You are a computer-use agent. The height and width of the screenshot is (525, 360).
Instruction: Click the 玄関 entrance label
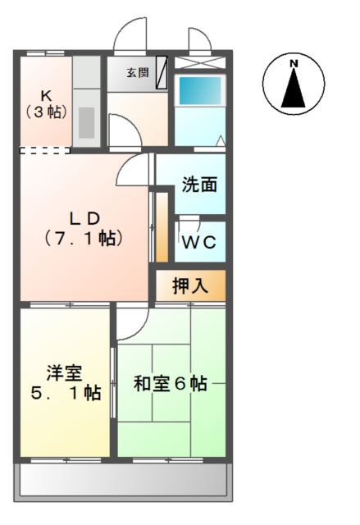(136, 72)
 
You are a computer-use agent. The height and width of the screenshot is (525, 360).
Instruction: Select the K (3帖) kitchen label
(46, 103)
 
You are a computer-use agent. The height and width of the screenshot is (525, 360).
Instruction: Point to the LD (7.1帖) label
(84, 229)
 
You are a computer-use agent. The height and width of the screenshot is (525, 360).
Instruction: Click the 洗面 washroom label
(199, 185)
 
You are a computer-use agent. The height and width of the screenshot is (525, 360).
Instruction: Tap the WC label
(199, 242)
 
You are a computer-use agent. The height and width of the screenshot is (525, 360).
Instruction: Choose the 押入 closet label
(190, 285)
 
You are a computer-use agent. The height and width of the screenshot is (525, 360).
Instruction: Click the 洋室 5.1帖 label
(64, 382)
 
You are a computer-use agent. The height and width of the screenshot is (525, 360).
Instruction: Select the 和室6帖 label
(171, 382)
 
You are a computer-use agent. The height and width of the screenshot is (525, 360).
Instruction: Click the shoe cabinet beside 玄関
(162, 67)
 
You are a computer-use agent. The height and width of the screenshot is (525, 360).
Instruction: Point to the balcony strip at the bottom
(121, 482)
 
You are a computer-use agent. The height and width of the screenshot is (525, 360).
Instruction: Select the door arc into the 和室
(131, 322)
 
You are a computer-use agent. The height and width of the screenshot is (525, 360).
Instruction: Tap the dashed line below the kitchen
(45, 150)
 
